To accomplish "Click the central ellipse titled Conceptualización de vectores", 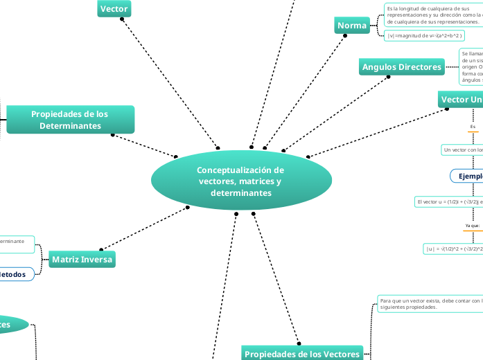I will [240, 181].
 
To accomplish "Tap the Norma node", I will [352, 26].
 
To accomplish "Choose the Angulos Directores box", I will [402, 67].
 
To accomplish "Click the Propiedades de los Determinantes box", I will [70, 119].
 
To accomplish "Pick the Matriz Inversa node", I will [82, 260].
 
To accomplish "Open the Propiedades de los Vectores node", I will [302, 353].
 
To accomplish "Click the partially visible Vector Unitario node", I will [461, 100].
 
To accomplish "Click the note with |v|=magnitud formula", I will [423, 35].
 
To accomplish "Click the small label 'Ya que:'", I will [473, 226].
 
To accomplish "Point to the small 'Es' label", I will [473, 127].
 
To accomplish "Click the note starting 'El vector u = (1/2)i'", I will [448, 201].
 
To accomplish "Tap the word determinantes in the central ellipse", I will [240, 192].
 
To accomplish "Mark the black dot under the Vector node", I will [122, 19].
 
